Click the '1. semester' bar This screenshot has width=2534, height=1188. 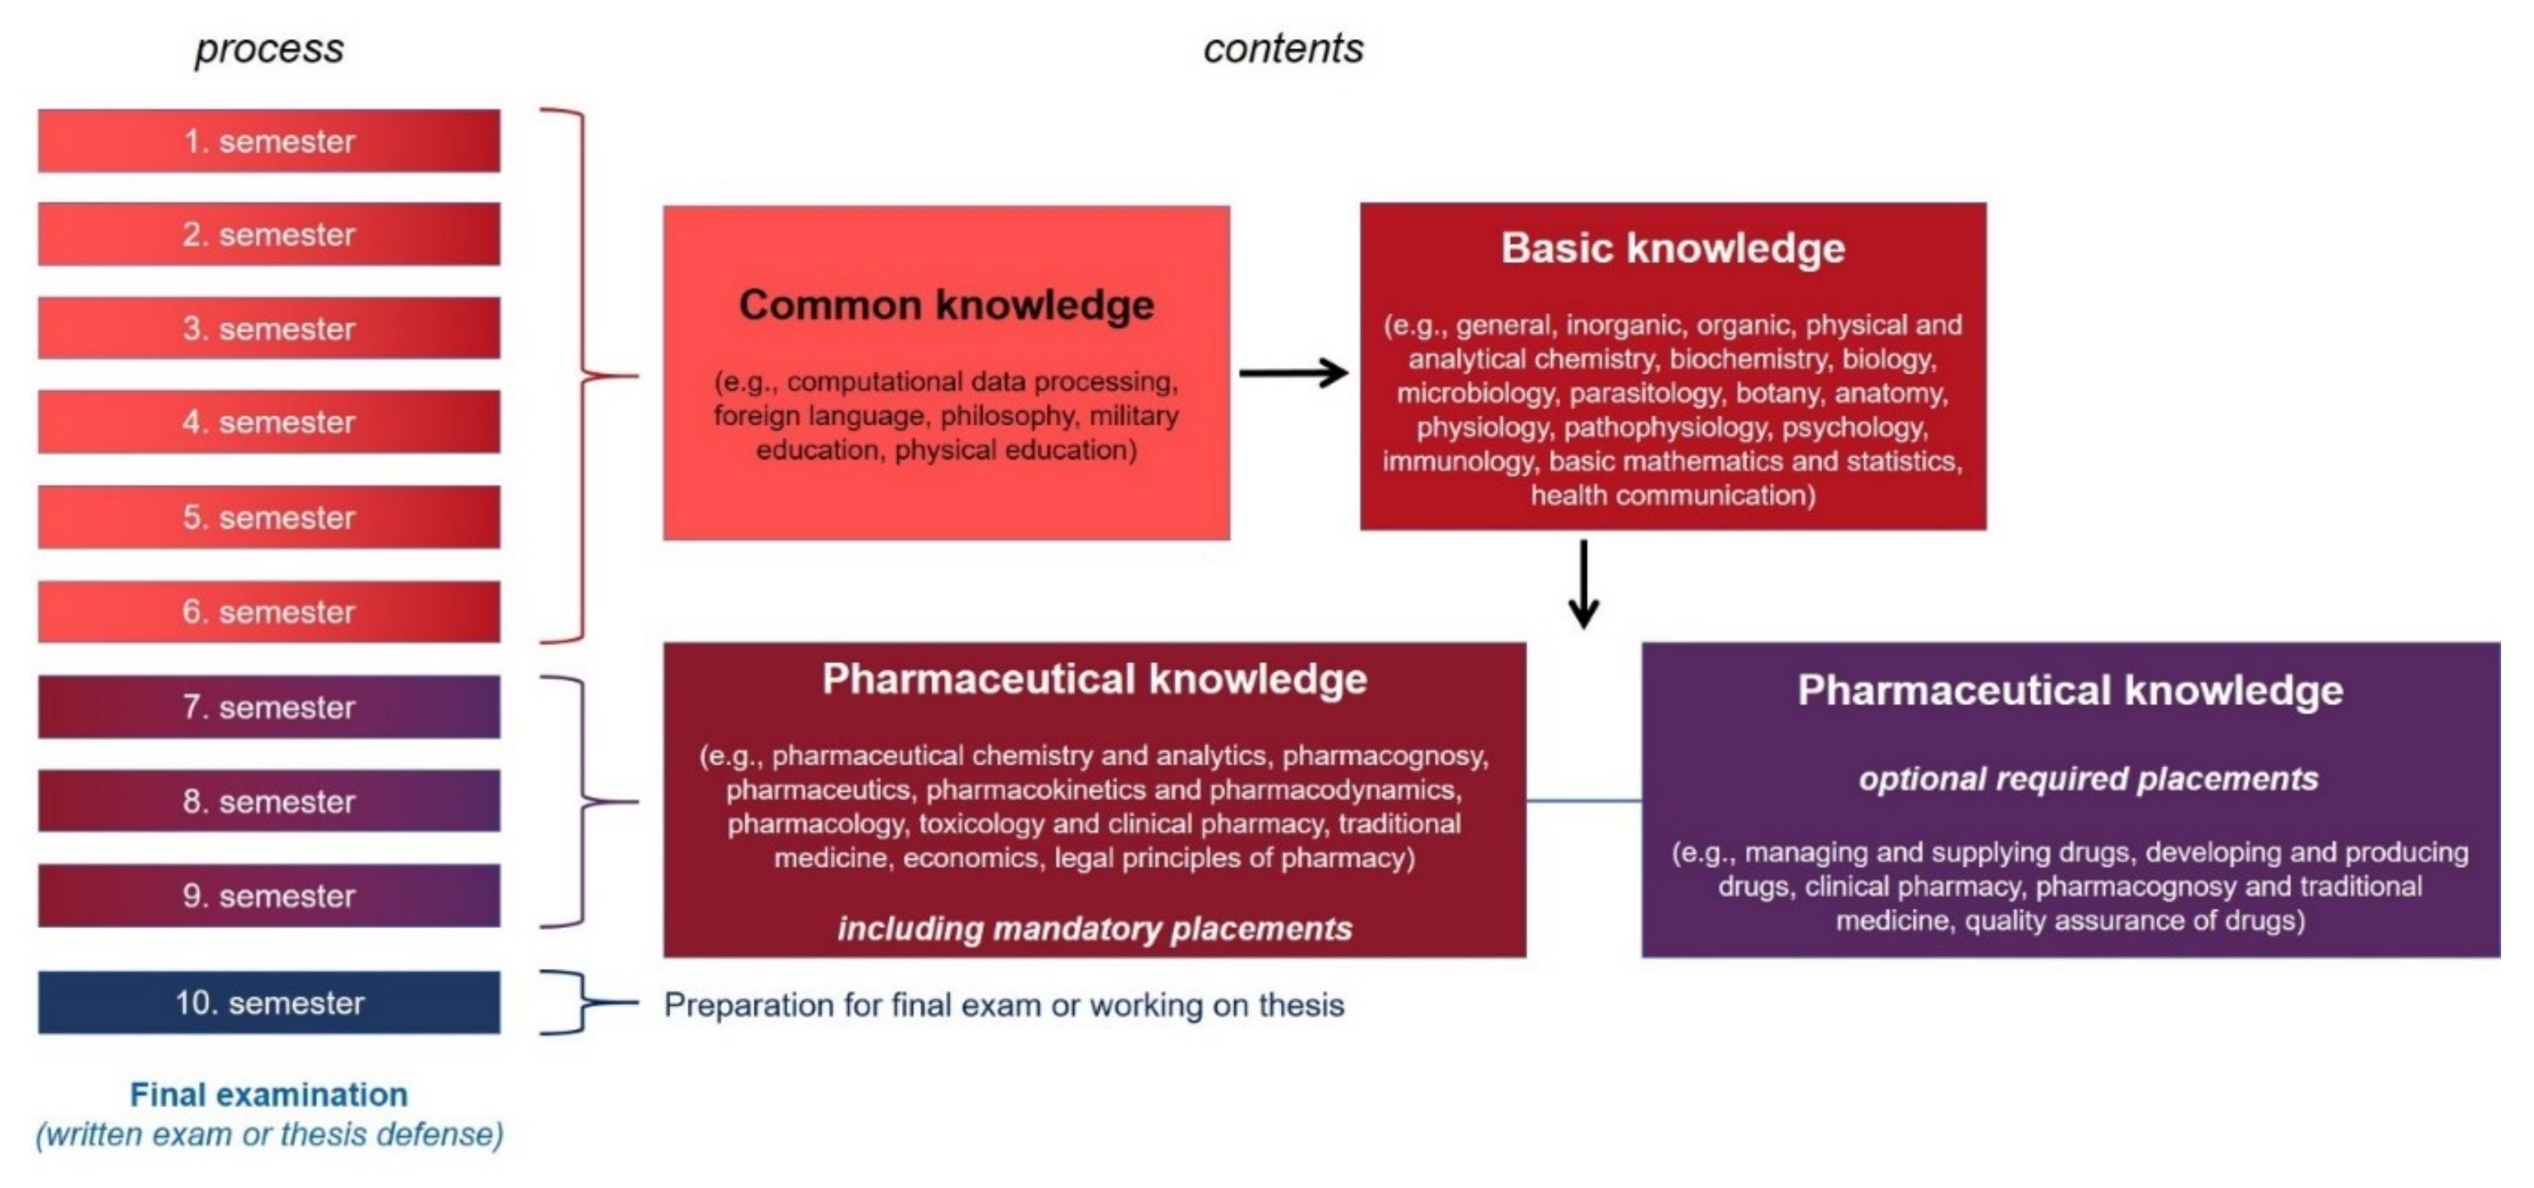coord(269,141)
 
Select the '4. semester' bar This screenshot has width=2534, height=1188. coord(269,422)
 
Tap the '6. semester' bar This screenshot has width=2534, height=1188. coord(269,611)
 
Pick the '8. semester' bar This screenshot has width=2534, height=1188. coord(269,802)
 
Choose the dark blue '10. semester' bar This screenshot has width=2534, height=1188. coord(269,1002)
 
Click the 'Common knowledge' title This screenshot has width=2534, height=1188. coord(947,305)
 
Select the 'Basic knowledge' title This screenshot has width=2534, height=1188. coord(1673,248)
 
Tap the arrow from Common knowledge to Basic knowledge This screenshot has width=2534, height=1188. coord(1292,373)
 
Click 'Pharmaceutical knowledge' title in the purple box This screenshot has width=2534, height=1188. coord(2069,691)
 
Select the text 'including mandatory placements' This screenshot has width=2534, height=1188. coord(1094,929)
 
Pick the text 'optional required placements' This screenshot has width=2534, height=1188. coord(2088,779)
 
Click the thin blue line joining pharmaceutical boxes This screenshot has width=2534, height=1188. coord(1583,800)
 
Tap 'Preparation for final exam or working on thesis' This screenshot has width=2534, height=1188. coord(1004,1005)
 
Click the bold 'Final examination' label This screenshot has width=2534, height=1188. coord(269,1095)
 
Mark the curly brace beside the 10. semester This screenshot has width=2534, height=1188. coord(581,1002)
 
